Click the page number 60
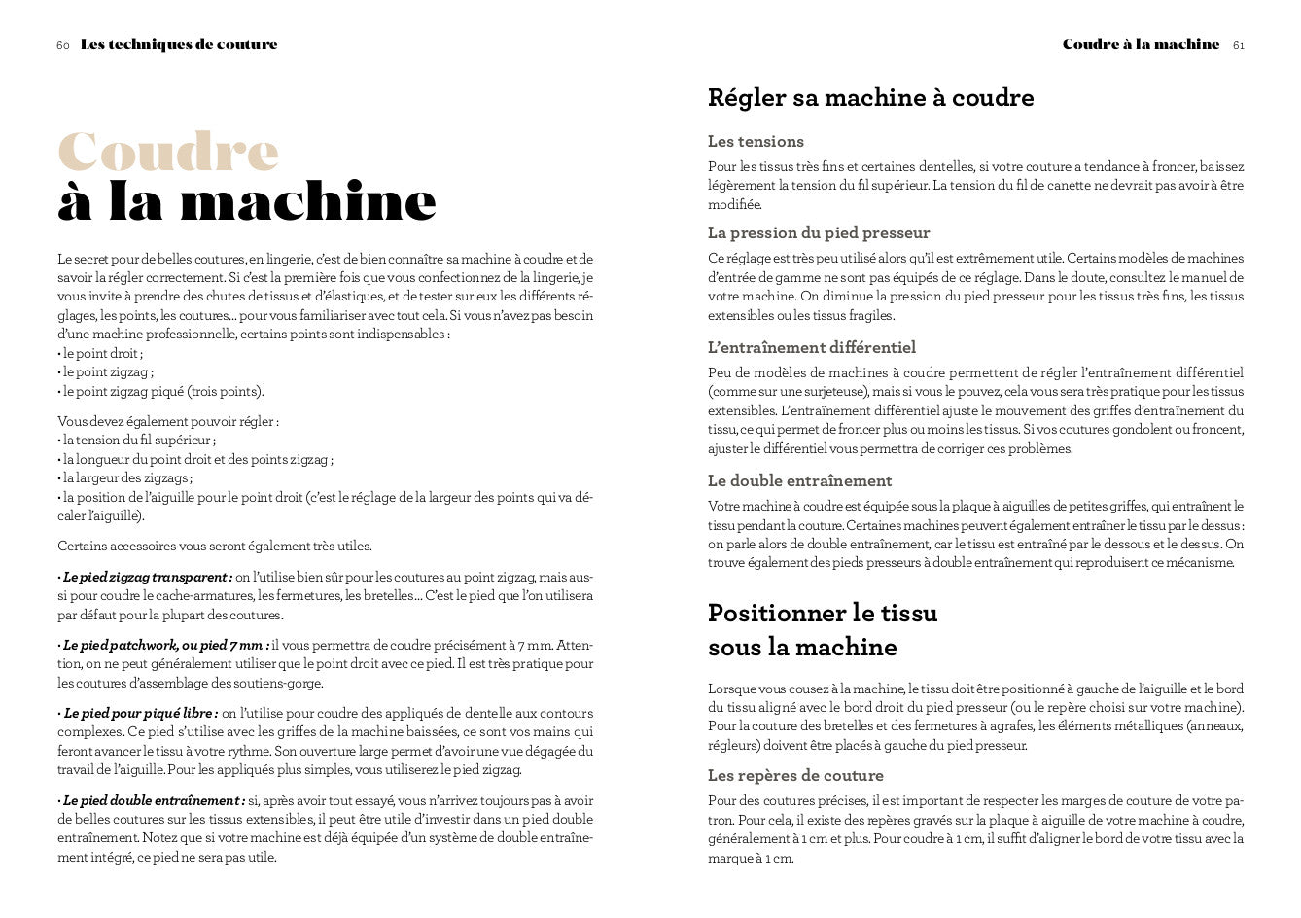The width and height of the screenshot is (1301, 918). pos(63,45)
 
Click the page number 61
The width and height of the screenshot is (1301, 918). pos(1239,45)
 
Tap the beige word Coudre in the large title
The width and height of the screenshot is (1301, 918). pos(168,152)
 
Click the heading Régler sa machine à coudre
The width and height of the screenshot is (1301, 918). pos(870,97)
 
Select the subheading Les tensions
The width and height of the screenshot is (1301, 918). pos(756,142)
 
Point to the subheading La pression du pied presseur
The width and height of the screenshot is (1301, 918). pos(819,233)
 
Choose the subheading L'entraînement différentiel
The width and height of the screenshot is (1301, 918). pos(812,348)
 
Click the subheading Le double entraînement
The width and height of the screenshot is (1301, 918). pos(799,481)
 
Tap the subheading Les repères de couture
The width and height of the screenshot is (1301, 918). pos(795,776)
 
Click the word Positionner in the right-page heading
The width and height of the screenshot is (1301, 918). pos(775,614)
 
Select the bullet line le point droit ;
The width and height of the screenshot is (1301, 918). pos(102,354)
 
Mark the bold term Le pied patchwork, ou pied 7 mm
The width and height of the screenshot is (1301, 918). pos(164,646)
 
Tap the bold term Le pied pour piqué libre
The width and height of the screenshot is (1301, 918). pos(140,714)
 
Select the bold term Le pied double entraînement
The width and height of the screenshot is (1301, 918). pos(153,801)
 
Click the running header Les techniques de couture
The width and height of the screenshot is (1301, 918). pos(179,45)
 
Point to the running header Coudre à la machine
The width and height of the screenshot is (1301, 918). pos(1141,45)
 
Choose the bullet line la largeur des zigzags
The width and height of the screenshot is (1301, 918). pos(126,478)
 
